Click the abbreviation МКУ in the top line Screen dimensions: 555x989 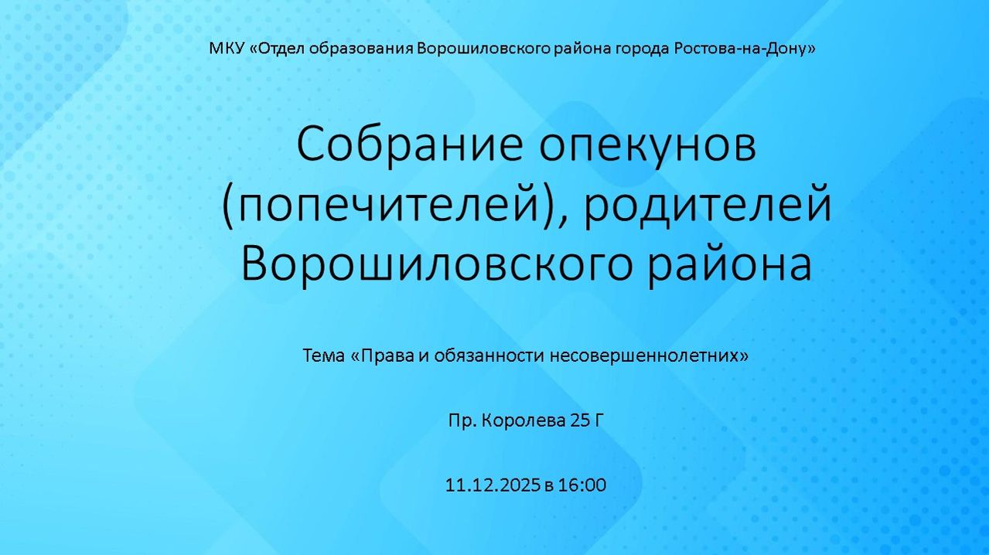tap(226, 49)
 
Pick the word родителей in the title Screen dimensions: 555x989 tap(708, 206)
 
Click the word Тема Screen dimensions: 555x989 tap(322, 356)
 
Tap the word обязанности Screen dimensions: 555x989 tap(489, 356)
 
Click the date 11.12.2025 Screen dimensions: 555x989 tap(492, 485)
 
